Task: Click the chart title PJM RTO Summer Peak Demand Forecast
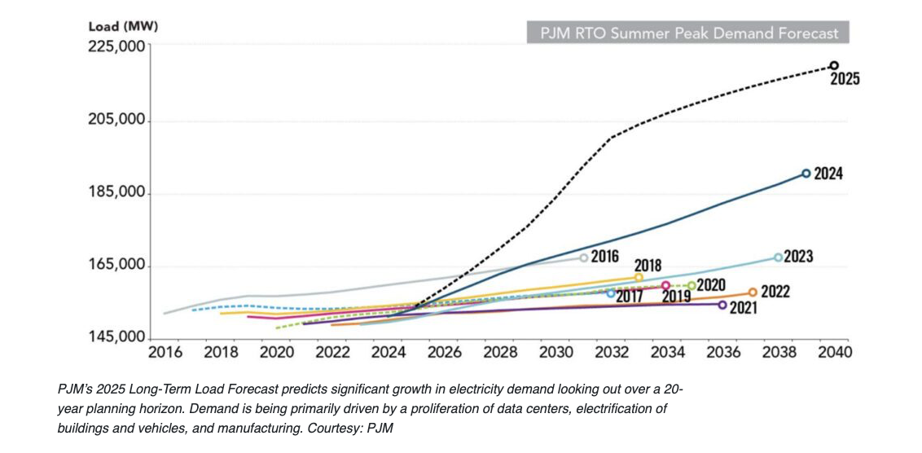coord(688,34)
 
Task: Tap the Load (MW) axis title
coord(123,25)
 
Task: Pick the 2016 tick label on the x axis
coord(165,353)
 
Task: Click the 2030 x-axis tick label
coord(556,353)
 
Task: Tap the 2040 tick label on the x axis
coord(835,353)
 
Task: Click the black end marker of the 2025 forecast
coord(834,65)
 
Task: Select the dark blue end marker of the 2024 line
coord(806,174)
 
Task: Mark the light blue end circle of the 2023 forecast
coord(778,257)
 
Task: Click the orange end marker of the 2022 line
coord(753,292)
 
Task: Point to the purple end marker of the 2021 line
coord(722,305)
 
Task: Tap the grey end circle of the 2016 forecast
coord(584,257)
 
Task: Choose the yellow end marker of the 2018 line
coord(639,278)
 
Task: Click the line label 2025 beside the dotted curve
coord(845,80)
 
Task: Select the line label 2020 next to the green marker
coord(711,285)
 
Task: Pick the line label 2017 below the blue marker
coord(630,297)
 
